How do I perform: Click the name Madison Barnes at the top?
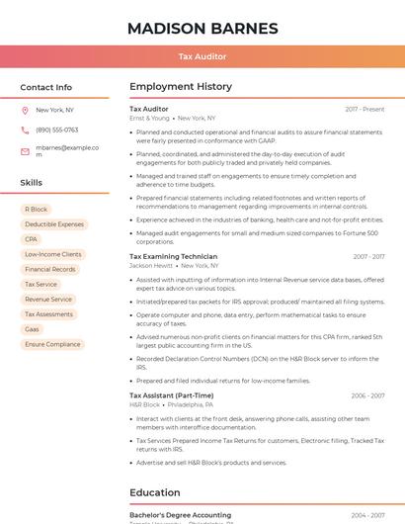pyautogui.click(x=202, y=28)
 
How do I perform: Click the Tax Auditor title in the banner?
pyautogui.click(x=202, y=56)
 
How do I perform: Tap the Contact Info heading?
pyautogui.click(x=45, y=87)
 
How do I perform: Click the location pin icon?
pyautogui.click(x=25, y=110)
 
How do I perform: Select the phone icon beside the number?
pyautogui.click(x=25, y=130)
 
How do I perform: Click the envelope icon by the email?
pyautogui.click(x=25, y=151)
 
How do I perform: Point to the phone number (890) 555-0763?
pyautogui.click(x=56, y=130)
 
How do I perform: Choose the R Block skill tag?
pyautogui.click(x=37, y=210)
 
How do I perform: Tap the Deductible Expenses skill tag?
pyautogui.click(x=54, y=224)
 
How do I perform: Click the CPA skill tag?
pyautogui.click(x=32, y=239)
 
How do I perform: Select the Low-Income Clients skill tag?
pyautogui.click(x=53, y=254)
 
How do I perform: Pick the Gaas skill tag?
pyautogui.click(x=33, y=329)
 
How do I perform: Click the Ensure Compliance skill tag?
pyautogui.click(x=52, y=344)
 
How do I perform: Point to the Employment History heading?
pyautogui.click(x=180, y=87)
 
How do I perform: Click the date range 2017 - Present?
pyautogui.click(x=364, y=109)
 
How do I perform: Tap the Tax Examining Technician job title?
pyautogui.click(x=173, y=256)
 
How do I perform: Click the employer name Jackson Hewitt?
pyautogui.click(x=151, y=265)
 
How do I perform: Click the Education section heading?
pyautogui.click(x=154, y=492)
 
